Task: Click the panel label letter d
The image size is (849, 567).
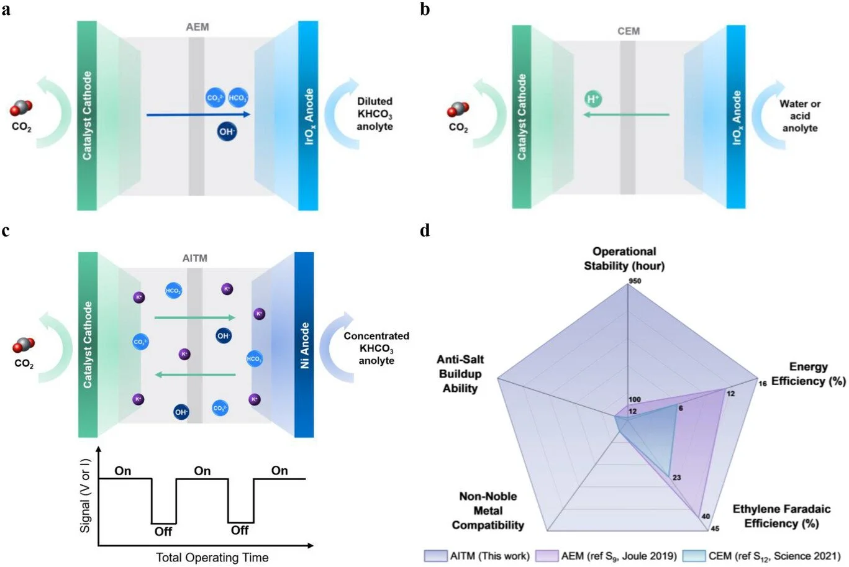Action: pos(425,231)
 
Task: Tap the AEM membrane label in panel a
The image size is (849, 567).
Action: pos(197,27)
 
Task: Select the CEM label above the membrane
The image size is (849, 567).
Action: pos(628,31)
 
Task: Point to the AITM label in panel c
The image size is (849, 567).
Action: pos(195,258)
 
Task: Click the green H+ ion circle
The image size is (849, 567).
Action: pos(593,99)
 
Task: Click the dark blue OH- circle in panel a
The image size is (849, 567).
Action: pos(227,132)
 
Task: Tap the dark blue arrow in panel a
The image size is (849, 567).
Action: pos(198,114)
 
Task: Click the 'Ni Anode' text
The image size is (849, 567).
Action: pos(305,345)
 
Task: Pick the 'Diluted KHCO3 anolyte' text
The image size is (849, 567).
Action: pos(375,114)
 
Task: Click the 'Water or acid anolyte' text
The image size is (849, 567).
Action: pos(800,116)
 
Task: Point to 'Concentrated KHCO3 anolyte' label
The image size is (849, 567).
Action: pos(376,348)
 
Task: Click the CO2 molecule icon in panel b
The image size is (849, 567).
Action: pos(458,112)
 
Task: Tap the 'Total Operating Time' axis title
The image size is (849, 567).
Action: pos(212,557)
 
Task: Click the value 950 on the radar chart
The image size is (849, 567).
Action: pos(634,281)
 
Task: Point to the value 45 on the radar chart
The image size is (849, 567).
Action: pos(715,528)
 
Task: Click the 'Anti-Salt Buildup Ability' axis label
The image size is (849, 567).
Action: pos(460,374)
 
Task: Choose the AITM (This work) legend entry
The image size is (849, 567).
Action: pos(478,556)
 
